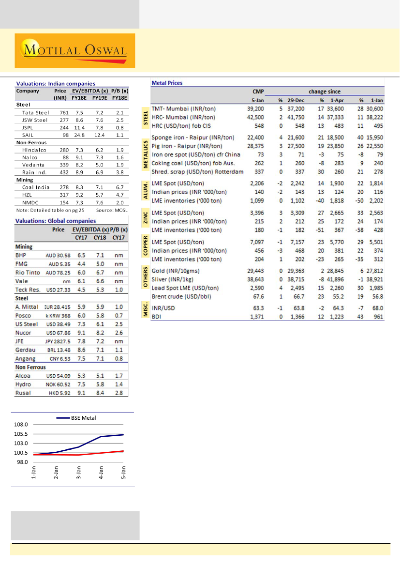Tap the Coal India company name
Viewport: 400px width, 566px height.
(36, 187)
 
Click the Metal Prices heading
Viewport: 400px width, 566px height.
(167, 83)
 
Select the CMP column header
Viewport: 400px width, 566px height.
(258, 91)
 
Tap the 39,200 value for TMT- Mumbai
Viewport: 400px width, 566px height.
(255, 109)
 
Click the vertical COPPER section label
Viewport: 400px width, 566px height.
(145, 246)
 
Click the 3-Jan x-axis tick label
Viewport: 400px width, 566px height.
(79, 472)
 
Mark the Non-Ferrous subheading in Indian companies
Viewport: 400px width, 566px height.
(31, 142)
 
